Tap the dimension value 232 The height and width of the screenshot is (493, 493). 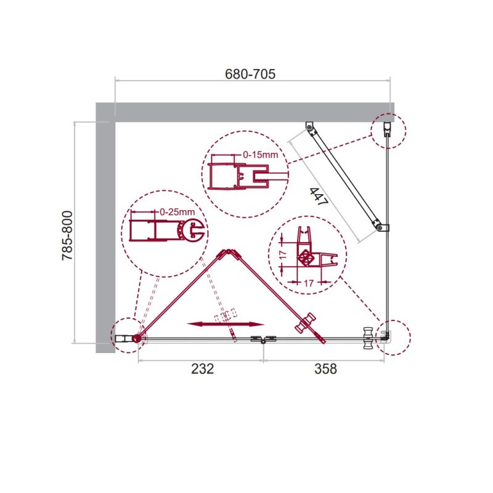click(x=202, y=369)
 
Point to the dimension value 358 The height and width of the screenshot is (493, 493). click(x=325, y=369)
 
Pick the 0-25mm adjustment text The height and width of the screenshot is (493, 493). click(x=177, y=212)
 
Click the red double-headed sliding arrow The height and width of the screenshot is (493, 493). click(x=226, y=324)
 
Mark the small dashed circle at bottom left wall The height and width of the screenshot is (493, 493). click(x=129, y=336)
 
